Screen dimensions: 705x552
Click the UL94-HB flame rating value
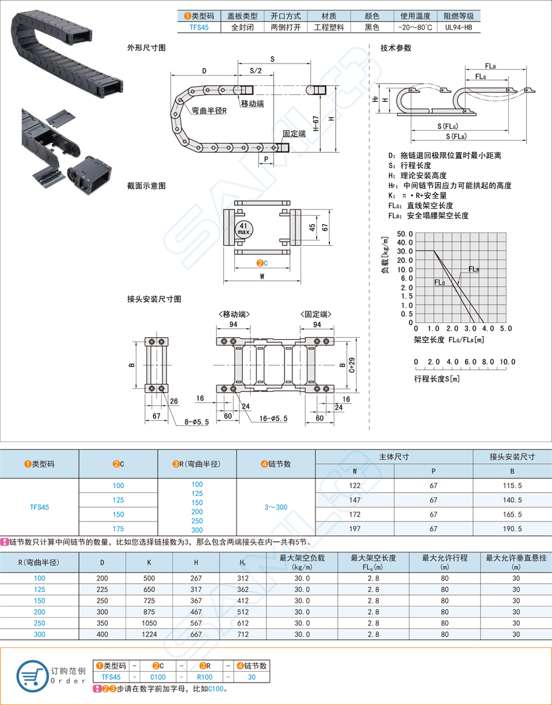coord(458,27)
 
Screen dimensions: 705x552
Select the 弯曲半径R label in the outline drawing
coord(209,111)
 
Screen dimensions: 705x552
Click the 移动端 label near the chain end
coord(252,104)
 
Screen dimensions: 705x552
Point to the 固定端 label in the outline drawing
coord(294,134)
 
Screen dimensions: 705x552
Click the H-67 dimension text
coord(316,124)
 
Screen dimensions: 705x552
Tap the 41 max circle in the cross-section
coord(244,229)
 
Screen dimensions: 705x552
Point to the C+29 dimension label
coord(352,366)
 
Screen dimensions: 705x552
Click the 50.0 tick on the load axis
coord(405,233)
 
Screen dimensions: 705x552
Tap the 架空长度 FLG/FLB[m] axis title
coord(449,340)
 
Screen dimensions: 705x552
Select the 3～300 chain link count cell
coord(275,507)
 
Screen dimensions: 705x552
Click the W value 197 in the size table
coord(355,529)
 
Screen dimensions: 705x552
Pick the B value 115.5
coord(513,485)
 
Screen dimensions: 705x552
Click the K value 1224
coord(149,634)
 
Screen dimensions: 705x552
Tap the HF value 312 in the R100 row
coord(243,578)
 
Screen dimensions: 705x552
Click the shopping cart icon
coord(31,675)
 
